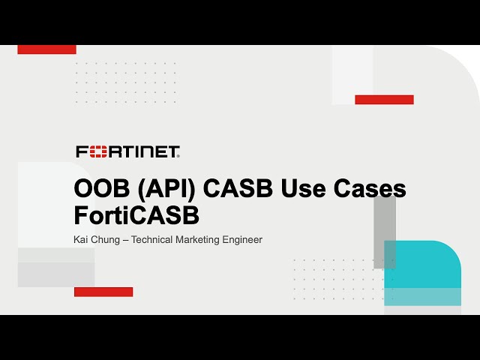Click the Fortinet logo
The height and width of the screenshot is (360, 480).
pos(127,152)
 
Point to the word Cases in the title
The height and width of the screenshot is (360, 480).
pos(370,189)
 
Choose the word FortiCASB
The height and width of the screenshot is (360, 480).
pos(136,215)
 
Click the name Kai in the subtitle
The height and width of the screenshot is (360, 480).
pos(82,240)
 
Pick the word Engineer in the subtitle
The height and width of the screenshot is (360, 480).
pos(244,240)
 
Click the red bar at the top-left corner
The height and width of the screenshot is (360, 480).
pos(46,49)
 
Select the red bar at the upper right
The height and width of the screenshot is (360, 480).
pos(384,99)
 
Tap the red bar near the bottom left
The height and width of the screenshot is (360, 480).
pos(103,292)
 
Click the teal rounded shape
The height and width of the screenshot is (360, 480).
pos(424,274)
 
